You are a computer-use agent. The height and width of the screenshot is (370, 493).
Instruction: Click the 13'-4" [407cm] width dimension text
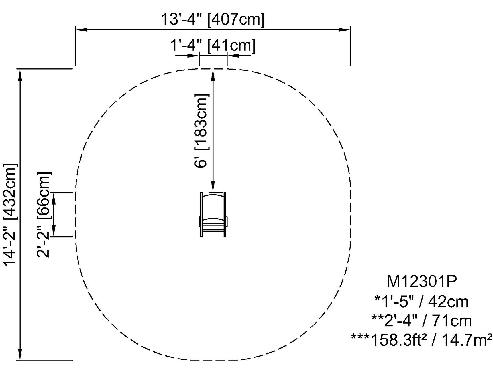coord(213,19)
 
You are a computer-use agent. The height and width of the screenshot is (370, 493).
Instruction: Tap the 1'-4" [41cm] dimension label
coord(213,45)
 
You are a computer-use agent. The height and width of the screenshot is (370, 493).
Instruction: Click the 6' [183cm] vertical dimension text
coord(201,131)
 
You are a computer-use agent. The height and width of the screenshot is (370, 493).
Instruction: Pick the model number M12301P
coord(421,281)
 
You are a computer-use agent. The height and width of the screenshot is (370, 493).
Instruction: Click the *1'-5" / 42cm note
coord(421,302)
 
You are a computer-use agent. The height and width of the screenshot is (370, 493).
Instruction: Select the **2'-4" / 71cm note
coord(421,320)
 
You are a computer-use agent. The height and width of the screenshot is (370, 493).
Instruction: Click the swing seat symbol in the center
coord(213,215)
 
